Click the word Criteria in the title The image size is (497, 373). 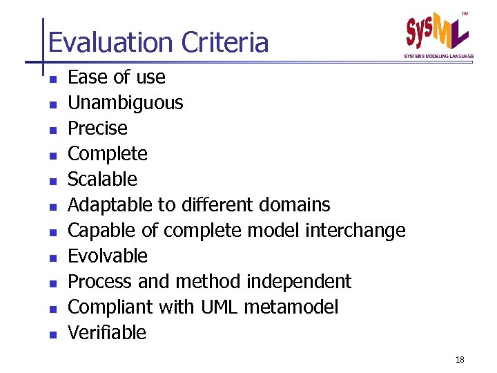coord(224,43)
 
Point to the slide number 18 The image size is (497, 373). coord(460,359)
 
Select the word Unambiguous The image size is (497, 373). coord(125,103)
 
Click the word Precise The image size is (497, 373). coord(97,128)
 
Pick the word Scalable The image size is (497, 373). coord(102,180)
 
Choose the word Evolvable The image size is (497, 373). coord(108,256)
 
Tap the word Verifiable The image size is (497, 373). coord(107,333)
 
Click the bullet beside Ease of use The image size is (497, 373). coord(52,79)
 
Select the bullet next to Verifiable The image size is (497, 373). coord(52,334)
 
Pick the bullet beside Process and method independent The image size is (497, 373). coord(52,283)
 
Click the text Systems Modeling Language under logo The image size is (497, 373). coord(438,55)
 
